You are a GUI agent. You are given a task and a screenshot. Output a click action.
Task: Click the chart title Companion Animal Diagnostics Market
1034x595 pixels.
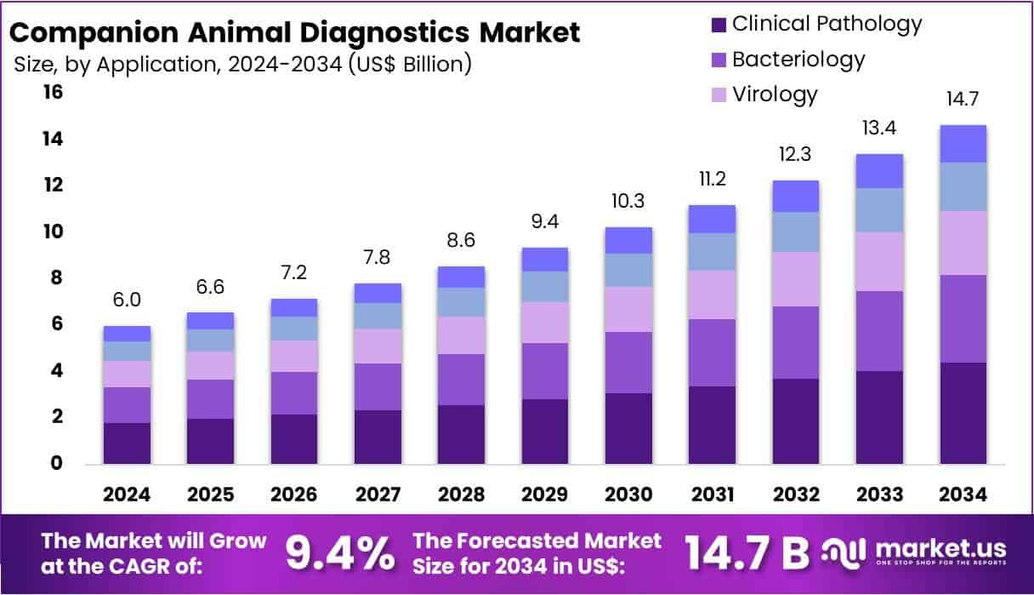pyautogui.click(x=294, y=33)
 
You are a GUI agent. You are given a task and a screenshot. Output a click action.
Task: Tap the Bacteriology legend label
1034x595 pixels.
pyautogui.click(x=798, y=60)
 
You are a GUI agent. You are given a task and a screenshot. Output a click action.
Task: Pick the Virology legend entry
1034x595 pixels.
pyautogui.click(x=774, y=94)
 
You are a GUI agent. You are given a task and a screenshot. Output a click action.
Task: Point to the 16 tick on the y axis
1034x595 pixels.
pyautogui.click(x=53, y=92)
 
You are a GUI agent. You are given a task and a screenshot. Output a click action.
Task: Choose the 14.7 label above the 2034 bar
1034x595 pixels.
pyautogui.click(x=963, y=100)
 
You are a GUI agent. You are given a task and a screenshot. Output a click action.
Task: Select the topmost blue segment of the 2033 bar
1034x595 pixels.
pyautogui.click(x=879, y=171)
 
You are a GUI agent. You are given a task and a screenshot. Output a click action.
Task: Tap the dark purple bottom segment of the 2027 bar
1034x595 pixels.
pyautogui.click(x=378, y=437)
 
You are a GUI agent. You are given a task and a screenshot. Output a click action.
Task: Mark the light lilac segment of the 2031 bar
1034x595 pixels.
pyautogui.click(x=712, y=295)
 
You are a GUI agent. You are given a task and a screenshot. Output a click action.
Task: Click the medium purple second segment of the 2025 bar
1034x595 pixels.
pyautogui.click(x=211, y=398)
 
